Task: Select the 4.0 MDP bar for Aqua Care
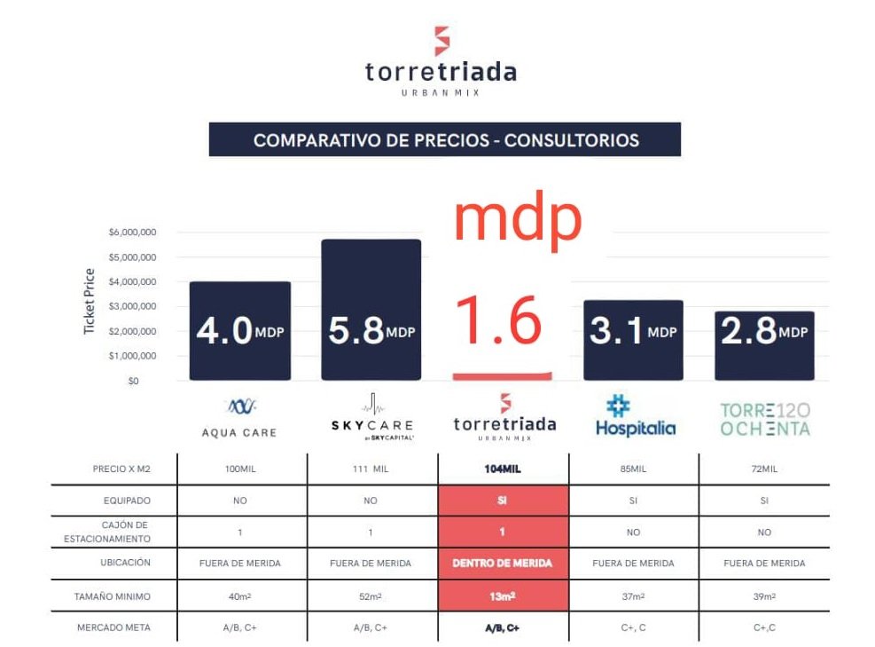(x=239, y=330)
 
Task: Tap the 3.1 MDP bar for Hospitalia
(x=633, y=340)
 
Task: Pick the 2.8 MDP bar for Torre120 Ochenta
(x=764, y=345)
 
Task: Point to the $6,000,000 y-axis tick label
(x=133, y=233)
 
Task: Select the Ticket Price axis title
(x=89, y=301)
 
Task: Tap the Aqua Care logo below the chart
(x=239, y=418)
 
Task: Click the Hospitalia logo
(x=634, y=418)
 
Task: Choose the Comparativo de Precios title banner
(x=445, y=140)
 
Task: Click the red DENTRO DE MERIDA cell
(x=503, y=564)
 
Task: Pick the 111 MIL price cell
(x=371, y=469)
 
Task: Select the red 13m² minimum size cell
(x=503, y=596)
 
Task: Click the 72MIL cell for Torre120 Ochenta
(x=763, y=469)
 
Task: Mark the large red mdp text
(x=519, y=222)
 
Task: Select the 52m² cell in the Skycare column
(x=371, y=596)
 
